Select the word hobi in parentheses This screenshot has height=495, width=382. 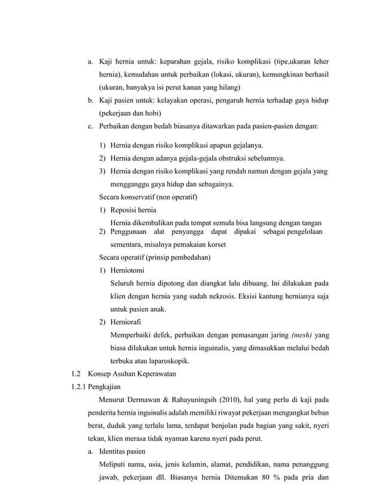pos(153,113)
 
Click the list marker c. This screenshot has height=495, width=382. pos(90,126)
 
